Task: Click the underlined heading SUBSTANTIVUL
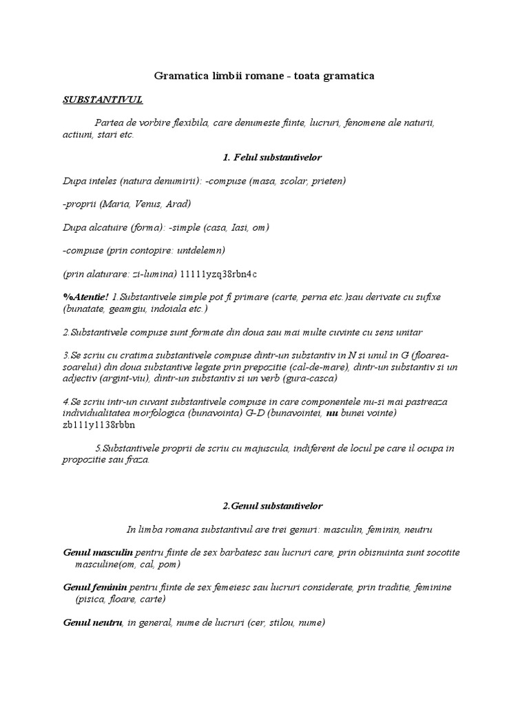(x=102, y=100)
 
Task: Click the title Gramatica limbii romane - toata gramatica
(x=264, y=76)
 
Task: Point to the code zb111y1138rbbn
(x=98, y=424)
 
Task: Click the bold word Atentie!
(x=89, y=297)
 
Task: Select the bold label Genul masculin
(x=97, y=553)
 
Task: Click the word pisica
(x=92, y=600)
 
